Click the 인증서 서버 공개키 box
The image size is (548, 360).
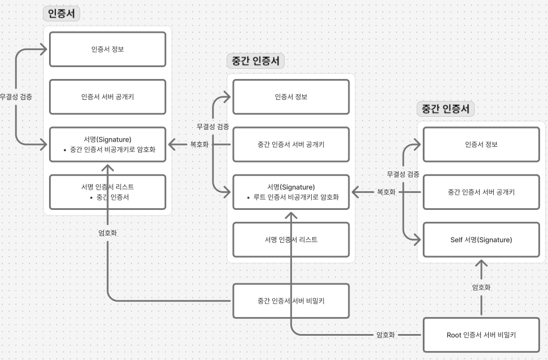coord(107,96)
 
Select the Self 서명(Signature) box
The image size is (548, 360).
coord(481,240)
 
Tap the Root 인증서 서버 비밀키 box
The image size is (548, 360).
coord(481,335)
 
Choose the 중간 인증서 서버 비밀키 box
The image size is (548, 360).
coord(290,300)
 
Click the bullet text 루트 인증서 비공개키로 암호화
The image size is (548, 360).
coord(293,197)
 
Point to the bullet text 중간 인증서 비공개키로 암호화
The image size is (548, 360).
coord(110,150)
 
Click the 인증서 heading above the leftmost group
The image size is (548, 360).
coord(61,14)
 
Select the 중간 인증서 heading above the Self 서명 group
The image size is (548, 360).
coord(445,109)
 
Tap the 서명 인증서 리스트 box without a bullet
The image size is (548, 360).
coord(290,240)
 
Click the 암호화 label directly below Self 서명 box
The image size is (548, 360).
coord(481,287)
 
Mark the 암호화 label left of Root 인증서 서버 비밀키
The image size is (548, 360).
coord(387,335)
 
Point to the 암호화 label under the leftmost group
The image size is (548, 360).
coord(107,232)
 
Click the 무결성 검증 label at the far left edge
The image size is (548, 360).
coord(16,96)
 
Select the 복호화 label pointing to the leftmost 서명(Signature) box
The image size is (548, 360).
coord(199,144)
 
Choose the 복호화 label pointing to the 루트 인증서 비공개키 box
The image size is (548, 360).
coord(386,192)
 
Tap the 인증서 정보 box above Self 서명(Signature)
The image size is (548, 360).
coord(481,144)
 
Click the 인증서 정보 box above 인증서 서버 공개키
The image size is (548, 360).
coord(107,49)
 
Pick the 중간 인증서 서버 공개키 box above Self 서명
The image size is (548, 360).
coord(481,192)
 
